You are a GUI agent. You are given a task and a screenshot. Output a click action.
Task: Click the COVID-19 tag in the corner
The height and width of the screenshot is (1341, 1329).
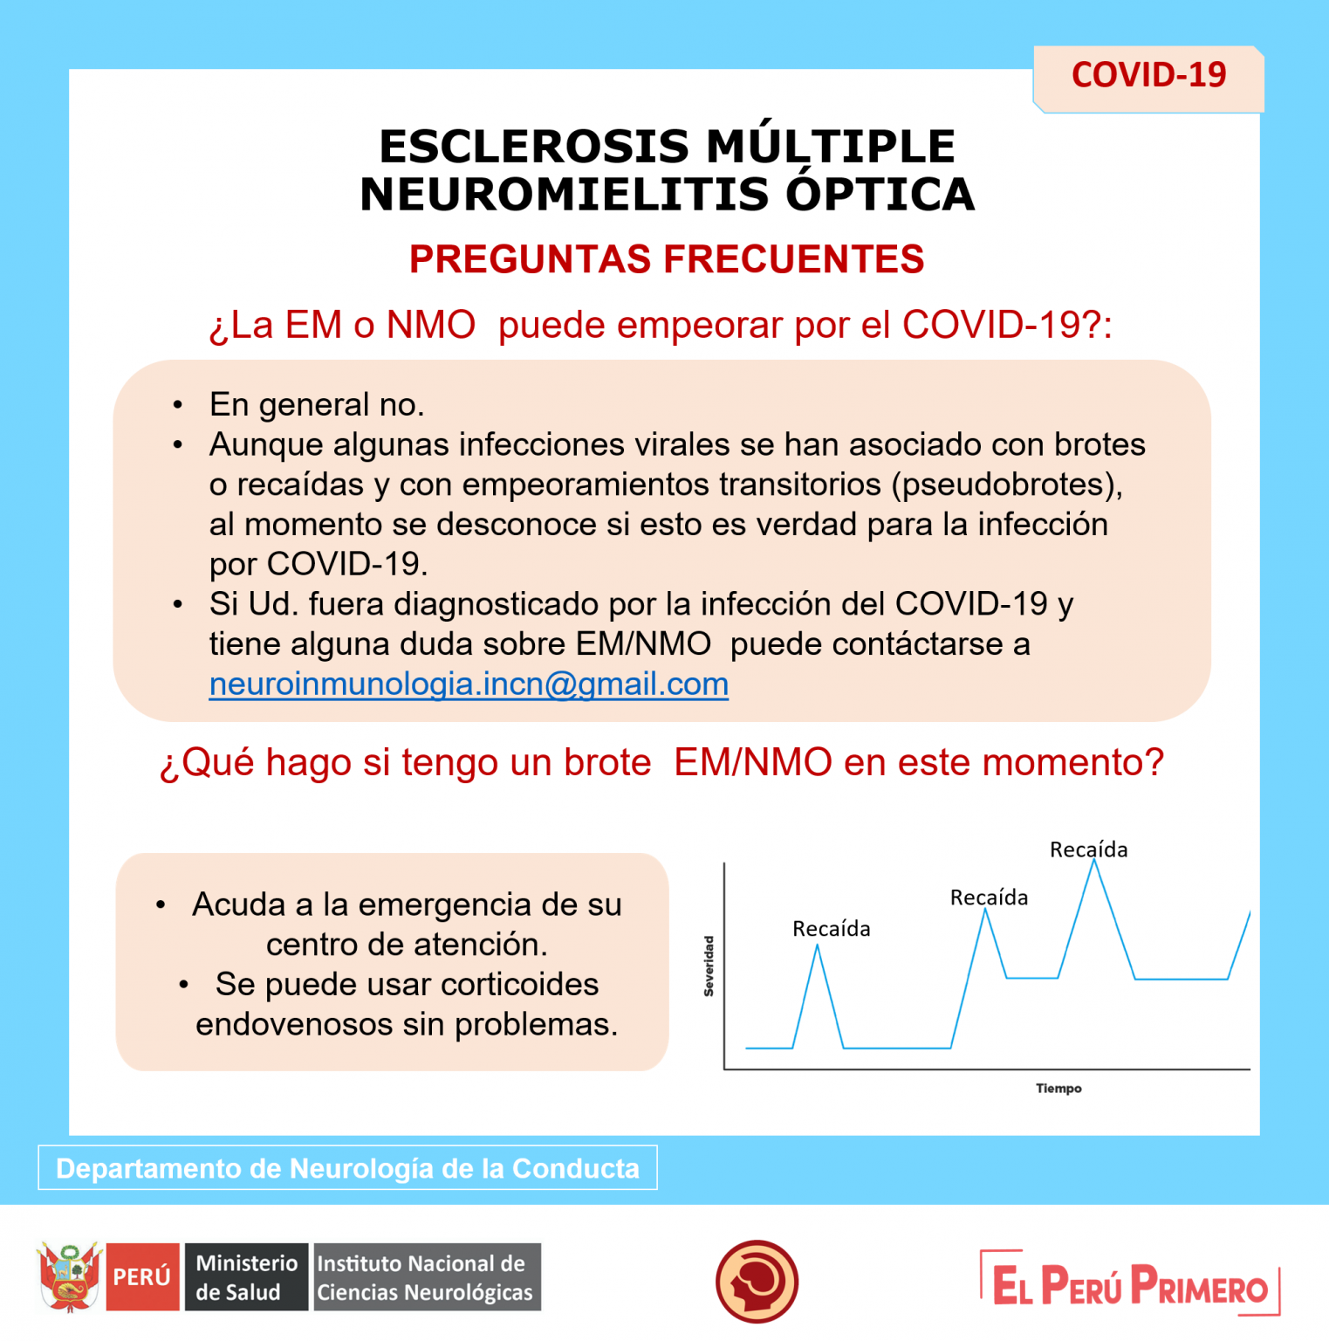pyautogui.click(x=1148, y=79)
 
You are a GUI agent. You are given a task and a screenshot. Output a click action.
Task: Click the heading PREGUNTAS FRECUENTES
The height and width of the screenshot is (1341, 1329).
pyautogui.click(x=667, y=259)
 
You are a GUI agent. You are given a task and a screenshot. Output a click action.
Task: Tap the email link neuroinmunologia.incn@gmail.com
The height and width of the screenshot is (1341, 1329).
pyautogui.click(x=469, y=684)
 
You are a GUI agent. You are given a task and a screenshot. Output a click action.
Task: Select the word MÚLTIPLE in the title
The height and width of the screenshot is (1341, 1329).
pyautogui.click(x=831, y=146)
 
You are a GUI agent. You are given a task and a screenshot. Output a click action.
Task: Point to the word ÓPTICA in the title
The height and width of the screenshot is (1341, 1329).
pyautogui.click(x=880, y=194)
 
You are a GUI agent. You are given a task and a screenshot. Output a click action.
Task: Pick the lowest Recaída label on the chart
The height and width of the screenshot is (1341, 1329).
pyautogui.click(x=831, y=929)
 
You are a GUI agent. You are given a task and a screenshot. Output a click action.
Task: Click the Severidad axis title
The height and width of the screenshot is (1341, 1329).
pyautogui.click(x=709, y=966)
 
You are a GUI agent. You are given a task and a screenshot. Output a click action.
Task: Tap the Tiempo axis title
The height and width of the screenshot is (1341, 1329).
pyautogui.click(x=1058, y=1089)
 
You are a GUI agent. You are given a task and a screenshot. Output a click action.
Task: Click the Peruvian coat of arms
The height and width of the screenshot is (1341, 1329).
pyautogui.click(x=70, y=1277)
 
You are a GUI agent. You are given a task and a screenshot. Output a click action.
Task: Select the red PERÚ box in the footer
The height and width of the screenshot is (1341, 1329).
pyautogui.click(x=142, y=1277)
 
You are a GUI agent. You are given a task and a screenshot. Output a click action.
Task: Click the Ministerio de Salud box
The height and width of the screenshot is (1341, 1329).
pyautogui.click(x=246, y=1277)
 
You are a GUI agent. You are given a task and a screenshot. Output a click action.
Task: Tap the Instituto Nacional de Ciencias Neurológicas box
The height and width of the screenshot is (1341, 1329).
pyautogui.click(x=427, y=1277)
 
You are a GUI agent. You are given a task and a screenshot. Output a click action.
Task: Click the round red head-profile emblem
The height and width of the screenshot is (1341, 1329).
pyautogui.click(x=757, y=1282)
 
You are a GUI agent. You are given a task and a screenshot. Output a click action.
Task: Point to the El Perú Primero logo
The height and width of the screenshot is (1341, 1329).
pyautogui.click(x=1130, y=1283)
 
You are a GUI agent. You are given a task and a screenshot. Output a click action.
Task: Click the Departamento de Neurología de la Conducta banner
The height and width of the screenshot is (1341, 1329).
pyautogui.click(x=347, y=1168)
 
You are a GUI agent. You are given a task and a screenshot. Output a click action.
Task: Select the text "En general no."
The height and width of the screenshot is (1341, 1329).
pyautogui.click(x=317, y=405)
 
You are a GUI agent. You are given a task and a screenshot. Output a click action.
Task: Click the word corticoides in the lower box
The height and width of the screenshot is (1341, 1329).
pyautogui.click(x=519, y=985)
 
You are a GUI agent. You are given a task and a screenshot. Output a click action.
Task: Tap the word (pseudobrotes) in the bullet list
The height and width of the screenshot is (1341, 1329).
pyautogui.click(x=1007, y=485)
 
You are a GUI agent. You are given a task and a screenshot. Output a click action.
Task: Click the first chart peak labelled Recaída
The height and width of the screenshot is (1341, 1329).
pyautogui.click(x=818, y=946)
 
